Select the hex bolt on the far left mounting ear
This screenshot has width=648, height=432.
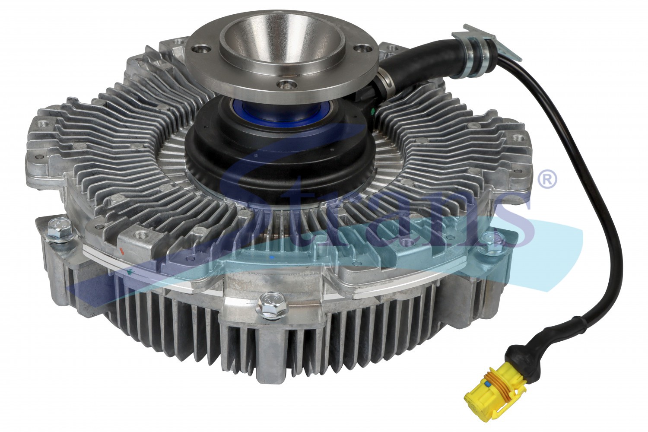tap(60, 228)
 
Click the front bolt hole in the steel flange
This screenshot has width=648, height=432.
tap(286, 85)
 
